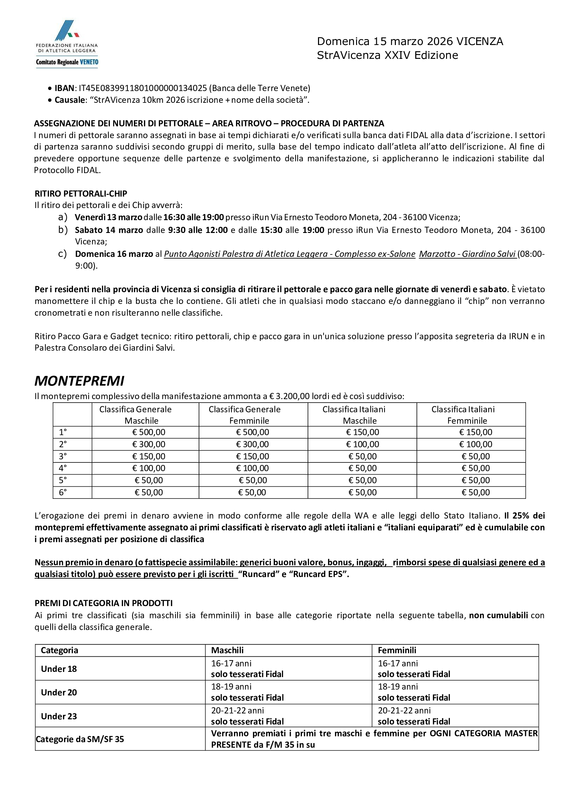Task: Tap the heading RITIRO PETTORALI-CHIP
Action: (81, 194)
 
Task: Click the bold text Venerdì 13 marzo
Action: (109, 217)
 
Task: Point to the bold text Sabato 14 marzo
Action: (109, 231)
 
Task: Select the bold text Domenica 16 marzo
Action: (114, 254)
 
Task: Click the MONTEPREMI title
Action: (79, 381)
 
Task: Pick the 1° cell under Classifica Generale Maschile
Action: (148, 432)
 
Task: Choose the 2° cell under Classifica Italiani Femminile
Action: (475, 444)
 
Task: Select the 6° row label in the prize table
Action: (63, 493)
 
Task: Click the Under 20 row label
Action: (59, 693)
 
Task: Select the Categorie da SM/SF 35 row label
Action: (80, 739)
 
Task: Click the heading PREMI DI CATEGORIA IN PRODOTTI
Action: (104, 603)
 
